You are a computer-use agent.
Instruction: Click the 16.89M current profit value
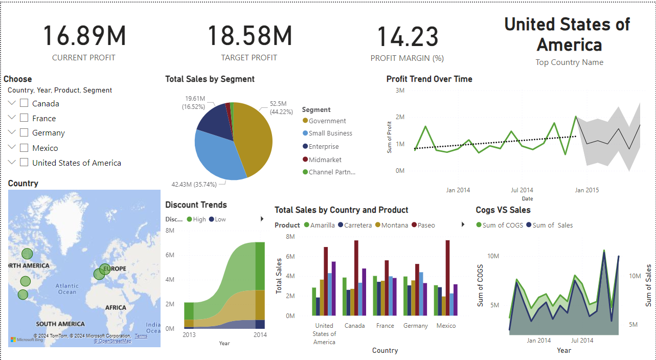[x=84, y=36]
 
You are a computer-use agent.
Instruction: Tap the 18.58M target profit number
[x=250, y=36]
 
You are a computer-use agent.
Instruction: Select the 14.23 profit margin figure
[x=408, y=37]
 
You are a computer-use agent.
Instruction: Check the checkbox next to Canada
[x=24, y=103]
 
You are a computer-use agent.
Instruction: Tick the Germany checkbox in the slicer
[x=24, y=133]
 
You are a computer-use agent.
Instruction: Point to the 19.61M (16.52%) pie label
[x=195, y=102]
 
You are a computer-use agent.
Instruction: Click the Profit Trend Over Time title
[x=429, y=79]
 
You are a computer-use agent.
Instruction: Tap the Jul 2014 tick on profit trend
[x=522, y=190]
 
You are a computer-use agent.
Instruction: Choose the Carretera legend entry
[x=357, y=225]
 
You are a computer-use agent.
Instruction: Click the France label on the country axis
[x=385, y=326]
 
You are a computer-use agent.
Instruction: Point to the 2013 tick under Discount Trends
[x=189, y=334]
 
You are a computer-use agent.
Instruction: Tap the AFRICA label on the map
[x=116, y=307]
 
